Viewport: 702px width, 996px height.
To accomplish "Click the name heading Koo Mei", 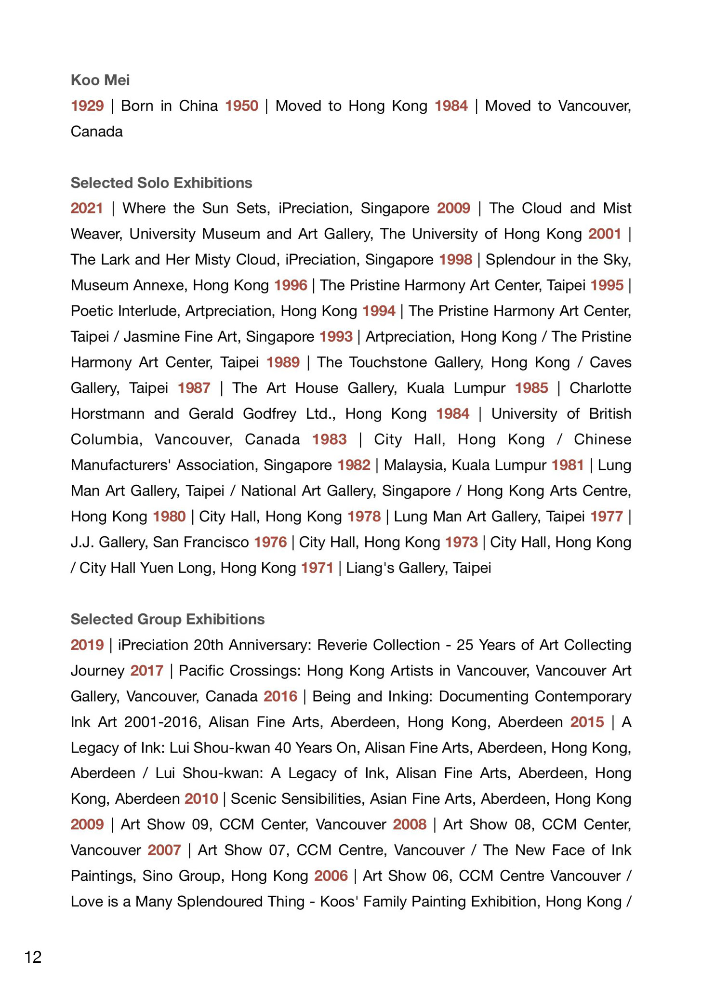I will pyautogui.click(x=100, y=80).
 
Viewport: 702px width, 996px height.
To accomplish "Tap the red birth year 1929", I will pyautogui.click(x=87, y=106).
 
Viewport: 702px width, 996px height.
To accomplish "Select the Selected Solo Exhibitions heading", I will pyautogui.click(x=161, y=183).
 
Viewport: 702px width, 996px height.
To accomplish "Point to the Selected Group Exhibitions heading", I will pyautogui.click(x=168, y=619).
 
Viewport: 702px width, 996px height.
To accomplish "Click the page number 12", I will pyautogui.click(x=33, y=956).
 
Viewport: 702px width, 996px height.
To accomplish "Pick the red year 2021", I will pyautogui.click(x=87, y=208).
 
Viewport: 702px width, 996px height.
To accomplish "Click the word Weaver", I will pyautogui.click(x=96, y=234).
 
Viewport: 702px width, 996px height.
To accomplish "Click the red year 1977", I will pyautogui.click(x=607, y=517).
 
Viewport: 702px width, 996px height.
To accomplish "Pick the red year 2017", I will pyautogui.click(x=147, y=670).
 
